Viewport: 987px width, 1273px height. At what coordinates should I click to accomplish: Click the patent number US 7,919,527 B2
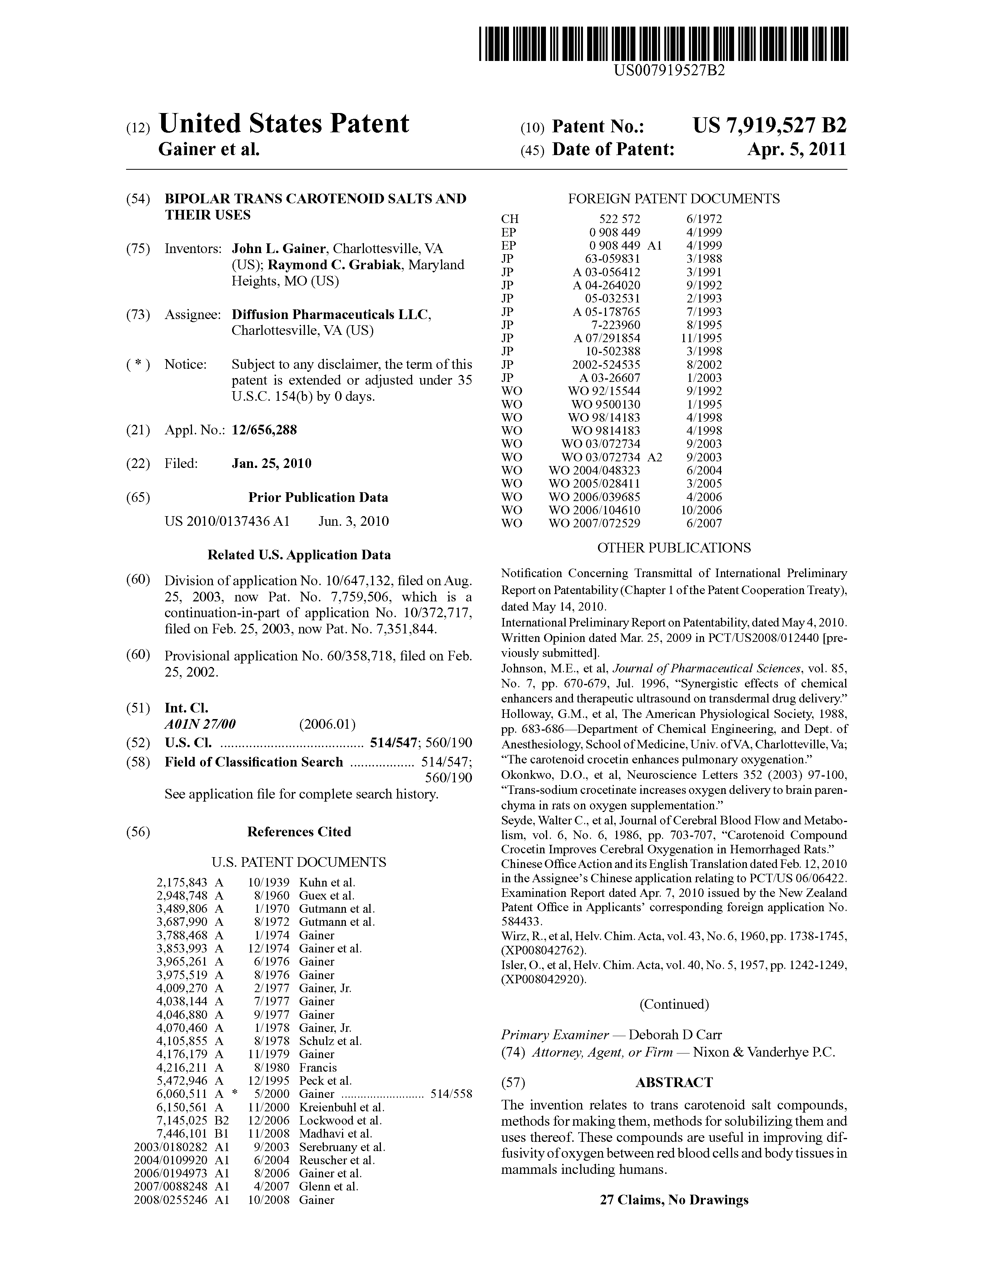[769, 126]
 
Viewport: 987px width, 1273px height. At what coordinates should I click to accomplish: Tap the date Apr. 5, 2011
[797, 150]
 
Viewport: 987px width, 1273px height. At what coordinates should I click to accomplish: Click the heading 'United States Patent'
[284, 123]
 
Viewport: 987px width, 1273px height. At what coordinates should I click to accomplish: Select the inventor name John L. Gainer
[278, 249]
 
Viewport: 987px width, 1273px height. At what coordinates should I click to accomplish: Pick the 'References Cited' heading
[299, 832]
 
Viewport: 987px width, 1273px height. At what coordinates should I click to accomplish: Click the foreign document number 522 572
[619, 219]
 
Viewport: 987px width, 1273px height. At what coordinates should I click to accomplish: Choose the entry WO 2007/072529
[594, 523]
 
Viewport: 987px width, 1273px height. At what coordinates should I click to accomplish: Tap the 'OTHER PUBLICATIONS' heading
[674, 548]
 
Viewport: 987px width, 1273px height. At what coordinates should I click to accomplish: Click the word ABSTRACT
[674, 1082]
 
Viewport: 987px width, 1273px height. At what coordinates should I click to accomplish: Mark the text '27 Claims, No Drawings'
[674, 1200]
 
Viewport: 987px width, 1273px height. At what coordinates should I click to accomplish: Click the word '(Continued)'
[674, 1004]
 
